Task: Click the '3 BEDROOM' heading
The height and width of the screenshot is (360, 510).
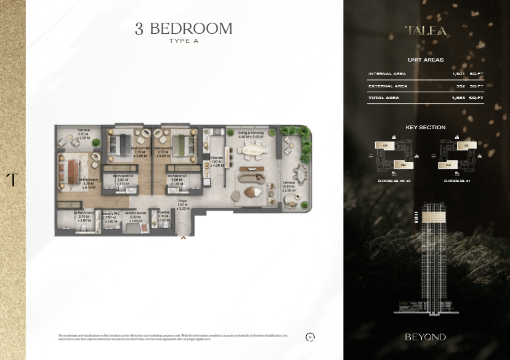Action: coord(184,28)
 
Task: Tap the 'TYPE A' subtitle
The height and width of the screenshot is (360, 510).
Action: coord(184,41)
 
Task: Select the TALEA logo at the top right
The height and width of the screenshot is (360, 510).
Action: coord(426,30)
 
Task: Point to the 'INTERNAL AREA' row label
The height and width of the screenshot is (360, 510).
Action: coord(387,74)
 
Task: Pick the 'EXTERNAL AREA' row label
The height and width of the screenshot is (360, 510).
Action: coord(387,86)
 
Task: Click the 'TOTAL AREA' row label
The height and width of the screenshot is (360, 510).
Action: coord(384,98)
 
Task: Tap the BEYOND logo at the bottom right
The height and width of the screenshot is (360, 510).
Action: coord(425,337)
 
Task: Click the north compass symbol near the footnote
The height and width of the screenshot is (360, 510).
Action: coord(310,337)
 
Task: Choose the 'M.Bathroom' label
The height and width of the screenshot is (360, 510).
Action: coord(84,214)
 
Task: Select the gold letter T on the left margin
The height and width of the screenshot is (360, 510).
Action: coord(12,180)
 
